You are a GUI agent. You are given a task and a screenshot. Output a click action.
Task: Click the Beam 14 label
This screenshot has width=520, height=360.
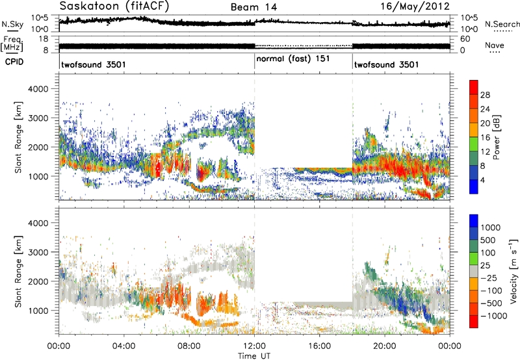(253, 7)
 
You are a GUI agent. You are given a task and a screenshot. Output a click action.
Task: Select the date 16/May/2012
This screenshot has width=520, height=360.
(415, 6)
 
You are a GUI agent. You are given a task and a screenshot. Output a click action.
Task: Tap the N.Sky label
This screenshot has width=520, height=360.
(12, 24)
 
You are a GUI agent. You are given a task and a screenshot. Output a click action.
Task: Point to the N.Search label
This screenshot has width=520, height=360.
(502, 24)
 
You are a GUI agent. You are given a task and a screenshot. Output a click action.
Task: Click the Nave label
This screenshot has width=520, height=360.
(495, 45)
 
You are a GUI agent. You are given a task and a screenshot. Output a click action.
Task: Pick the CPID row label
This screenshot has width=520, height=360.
(14, 62)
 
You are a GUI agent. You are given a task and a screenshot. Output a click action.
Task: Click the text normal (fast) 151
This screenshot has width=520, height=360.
(293, 59)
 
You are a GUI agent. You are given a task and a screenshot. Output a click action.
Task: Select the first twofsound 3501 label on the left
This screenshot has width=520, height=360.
(94, 64)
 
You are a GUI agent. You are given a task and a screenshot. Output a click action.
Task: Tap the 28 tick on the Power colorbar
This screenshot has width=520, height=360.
(485, 95)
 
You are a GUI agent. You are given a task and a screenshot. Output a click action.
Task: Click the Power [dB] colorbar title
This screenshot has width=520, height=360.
(496, 137)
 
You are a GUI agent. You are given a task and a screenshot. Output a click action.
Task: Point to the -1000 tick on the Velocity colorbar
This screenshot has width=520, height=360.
(493, 316)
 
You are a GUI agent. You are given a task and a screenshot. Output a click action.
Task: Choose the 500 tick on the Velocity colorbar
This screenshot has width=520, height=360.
(488, 240)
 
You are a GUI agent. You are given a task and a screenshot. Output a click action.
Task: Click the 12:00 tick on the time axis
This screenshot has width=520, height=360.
(254, 346)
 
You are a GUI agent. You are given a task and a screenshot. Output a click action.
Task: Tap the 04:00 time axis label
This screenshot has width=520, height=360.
(123, 346)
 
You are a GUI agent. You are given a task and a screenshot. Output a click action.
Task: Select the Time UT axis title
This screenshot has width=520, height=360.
(254, 356)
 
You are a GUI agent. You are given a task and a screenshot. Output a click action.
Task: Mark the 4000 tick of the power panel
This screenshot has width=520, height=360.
(38, 89)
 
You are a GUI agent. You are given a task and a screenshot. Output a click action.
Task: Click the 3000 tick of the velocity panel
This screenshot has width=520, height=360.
(38, 252)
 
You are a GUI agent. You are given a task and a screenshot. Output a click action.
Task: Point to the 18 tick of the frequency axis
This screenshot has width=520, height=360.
(44, 39)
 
